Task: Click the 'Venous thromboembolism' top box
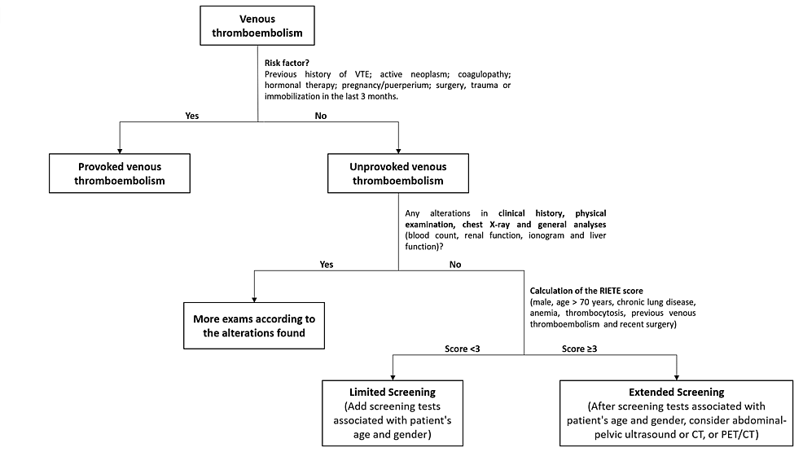pos(257,26)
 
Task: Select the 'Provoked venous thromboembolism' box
pos(120,173)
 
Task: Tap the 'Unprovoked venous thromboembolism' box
pos(398,173)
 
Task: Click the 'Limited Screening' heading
pos(393,393)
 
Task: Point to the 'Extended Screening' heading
pos(677,393)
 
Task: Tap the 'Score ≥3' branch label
pos(581,349)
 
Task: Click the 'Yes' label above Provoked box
pos(192,116)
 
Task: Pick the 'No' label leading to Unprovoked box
pos(322,116)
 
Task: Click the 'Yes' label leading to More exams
pos(326,264)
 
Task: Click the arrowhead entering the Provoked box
pos(120,150)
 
